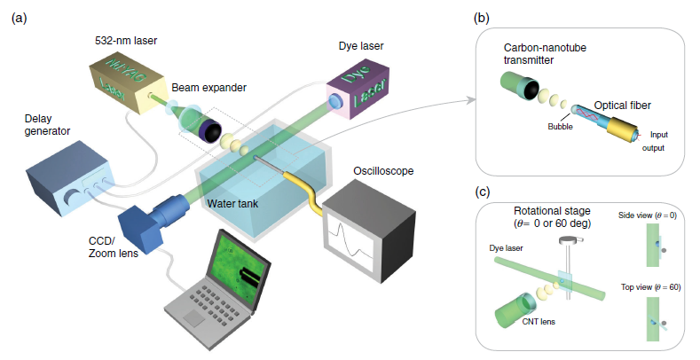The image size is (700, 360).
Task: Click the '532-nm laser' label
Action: click(x=125, y=41)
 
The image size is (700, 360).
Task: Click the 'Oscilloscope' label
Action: click(x=378, y=169)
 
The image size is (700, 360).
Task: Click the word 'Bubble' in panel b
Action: click(x=559, y=126)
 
